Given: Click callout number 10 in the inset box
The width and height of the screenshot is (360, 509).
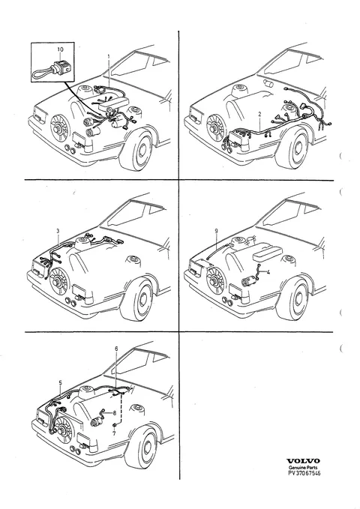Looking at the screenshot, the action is [x=60, y=49].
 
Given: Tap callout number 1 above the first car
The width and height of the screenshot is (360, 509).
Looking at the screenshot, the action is [x=109, y=55].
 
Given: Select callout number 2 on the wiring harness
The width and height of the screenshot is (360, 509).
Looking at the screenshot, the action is [x=259, y=114].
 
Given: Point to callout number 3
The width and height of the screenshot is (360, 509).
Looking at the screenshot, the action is [x=58, y=231].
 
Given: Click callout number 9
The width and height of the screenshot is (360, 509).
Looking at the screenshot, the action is [x=217, y=231].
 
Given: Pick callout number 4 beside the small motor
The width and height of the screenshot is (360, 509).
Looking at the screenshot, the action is [x=268, y=272].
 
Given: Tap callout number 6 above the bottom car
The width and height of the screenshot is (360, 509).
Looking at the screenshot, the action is [x=117, y=349].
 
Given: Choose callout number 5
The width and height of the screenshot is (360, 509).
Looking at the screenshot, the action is [x=61, y=383].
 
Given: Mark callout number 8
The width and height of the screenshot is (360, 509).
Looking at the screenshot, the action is [x=114, y=413].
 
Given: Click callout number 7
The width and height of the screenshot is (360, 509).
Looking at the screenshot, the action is [x=114, y=433].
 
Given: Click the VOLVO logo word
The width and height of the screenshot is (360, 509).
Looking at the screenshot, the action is [x=303, y=461].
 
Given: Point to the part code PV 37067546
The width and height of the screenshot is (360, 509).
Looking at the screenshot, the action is [x=304, y=473].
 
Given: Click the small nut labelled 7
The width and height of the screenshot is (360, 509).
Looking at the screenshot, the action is [x=115, y=425].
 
